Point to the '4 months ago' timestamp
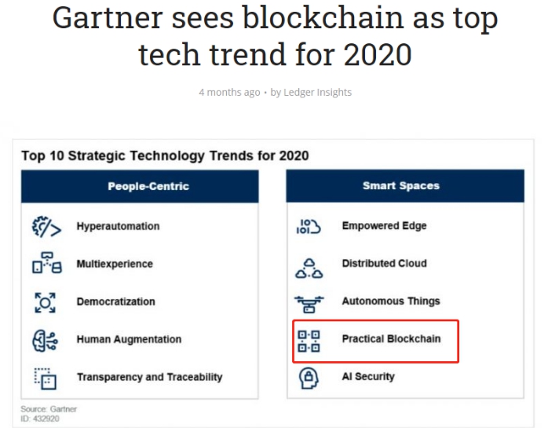[228, 92]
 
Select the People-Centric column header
[148, 186]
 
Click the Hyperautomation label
[118, 226]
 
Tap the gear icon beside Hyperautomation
[44, 226]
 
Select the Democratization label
[115, 302]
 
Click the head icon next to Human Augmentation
[44, 339]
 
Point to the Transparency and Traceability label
[149, 377]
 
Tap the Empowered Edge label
[384, 226]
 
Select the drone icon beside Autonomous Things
[309, 302]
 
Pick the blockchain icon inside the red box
[309, 340]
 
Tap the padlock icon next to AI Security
[309, 377]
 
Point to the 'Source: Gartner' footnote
[49, 409]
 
